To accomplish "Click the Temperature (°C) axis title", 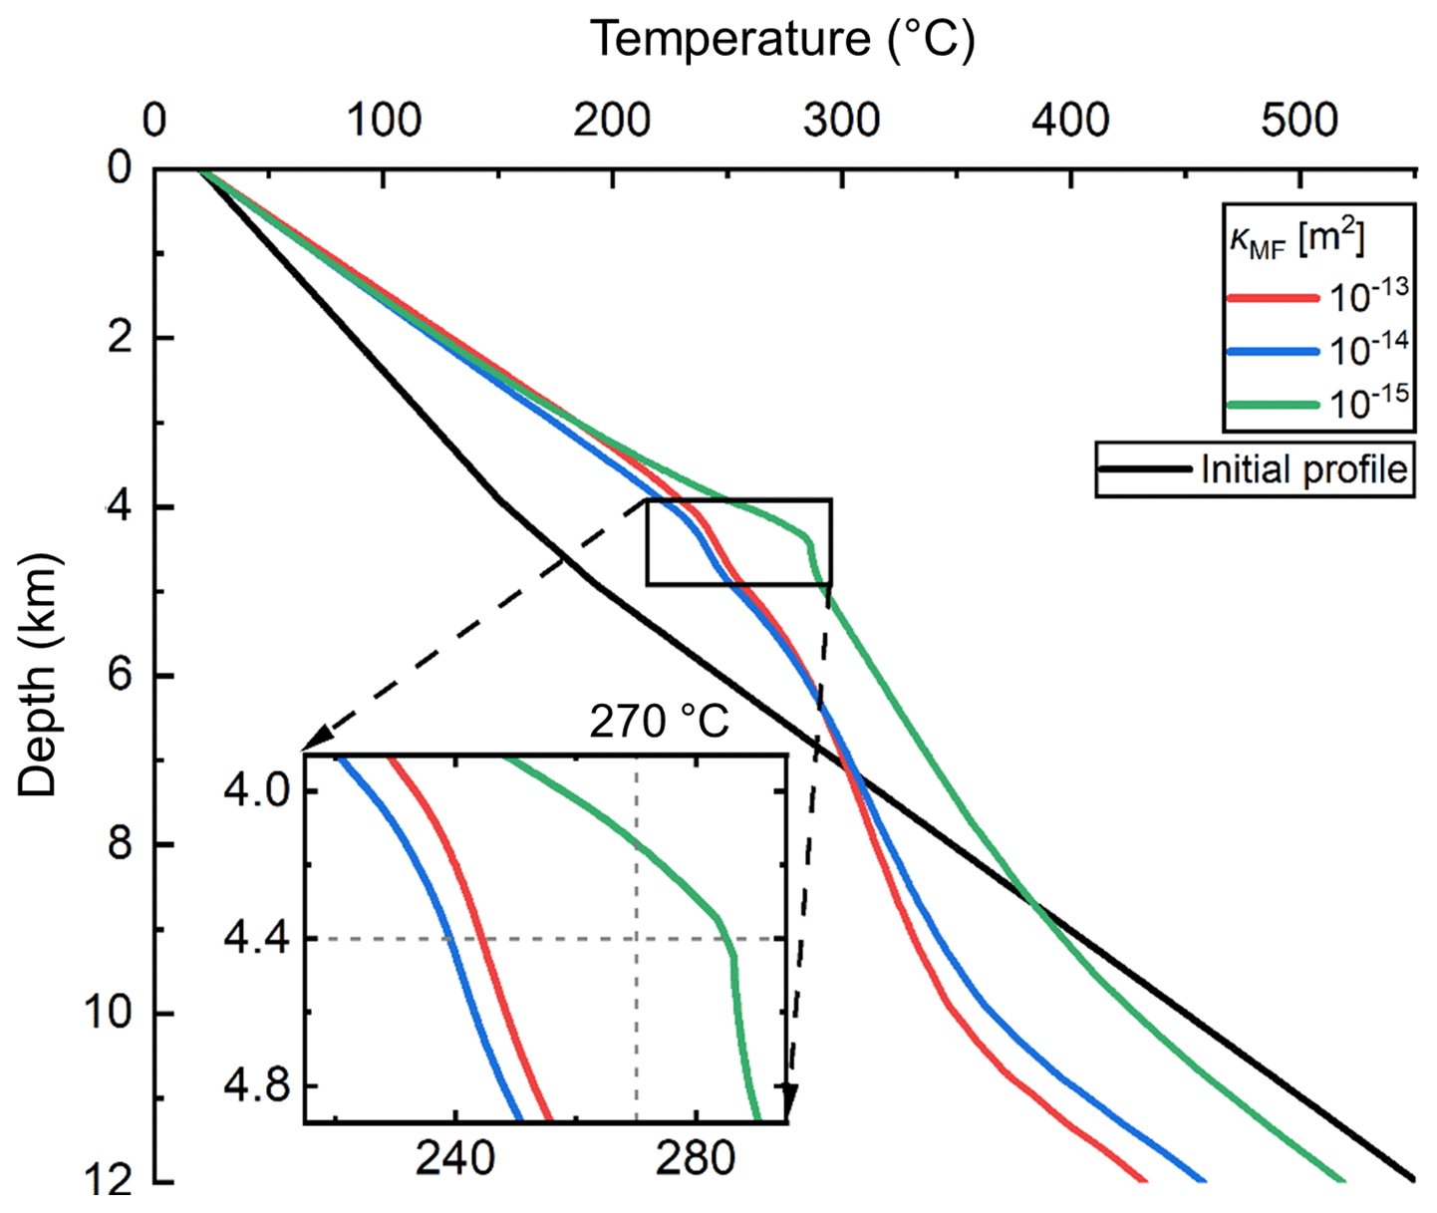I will click(782, 39).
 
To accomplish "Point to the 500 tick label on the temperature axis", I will click(1299, 121).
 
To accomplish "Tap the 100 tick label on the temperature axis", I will click(384, 121).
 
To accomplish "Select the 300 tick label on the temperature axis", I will click(842, 121).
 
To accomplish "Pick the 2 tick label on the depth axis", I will click(120, 338).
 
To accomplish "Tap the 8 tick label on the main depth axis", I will click(120, 844).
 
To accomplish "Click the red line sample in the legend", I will click(1273, 297).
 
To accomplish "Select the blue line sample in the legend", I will click(1273, 351).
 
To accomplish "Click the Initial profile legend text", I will click(1304, 469).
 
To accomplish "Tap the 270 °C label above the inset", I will click(659, 722).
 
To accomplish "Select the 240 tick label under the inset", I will click(455, 1159).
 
